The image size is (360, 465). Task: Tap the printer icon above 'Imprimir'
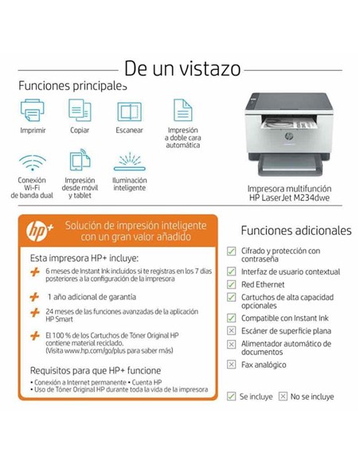pos(33,110)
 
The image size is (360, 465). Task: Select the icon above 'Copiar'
pos(80,110)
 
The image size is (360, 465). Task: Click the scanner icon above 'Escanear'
pos(129,111)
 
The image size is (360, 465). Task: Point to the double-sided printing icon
pos(182,110)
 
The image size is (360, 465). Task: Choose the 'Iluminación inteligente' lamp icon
pos(129,161)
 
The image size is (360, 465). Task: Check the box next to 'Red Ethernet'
pos(232,283)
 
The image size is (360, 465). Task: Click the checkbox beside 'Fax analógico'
pos(232,364)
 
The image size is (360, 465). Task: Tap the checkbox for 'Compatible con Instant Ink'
pos(232,318)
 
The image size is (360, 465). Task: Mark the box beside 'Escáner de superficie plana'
pos(232,330)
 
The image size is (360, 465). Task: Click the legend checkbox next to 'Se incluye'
pos(231,396)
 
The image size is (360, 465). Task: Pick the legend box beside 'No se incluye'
pos(282,396)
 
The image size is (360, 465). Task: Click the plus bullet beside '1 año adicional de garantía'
pos(34,295)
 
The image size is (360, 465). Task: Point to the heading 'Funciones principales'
pos(72,85)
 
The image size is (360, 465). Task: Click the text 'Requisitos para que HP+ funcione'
pos(96,370)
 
